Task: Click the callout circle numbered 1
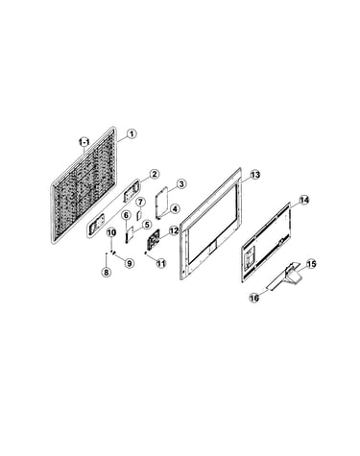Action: tap(132, 133)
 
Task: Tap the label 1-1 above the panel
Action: tap(84, 141)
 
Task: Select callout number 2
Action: tap(154, 175)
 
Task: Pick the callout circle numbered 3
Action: tap(180, 184)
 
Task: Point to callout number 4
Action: tap(175, 209)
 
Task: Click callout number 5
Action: tap(146, 225)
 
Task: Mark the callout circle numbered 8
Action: tap(106, 273)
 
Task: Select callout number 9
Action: tap(129, 263)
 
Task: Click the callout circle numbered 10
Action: tap(111, 232)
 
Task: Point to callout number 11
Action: tap(161, 263)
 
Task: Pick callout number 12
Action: tap(174, 230)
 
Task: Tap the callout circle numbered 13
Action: tap(255, 175)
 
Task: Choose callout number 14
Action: tap(304, 200)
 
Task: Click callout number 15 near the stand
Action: tap(311, 264)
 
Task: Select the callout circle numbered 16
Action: tap(254, 298)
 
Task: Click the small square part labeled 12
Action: tap(154, 239)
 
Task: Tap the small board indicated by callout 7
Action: tap(139, 214)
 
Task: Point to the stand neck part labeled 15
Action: tap(290, 271)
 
